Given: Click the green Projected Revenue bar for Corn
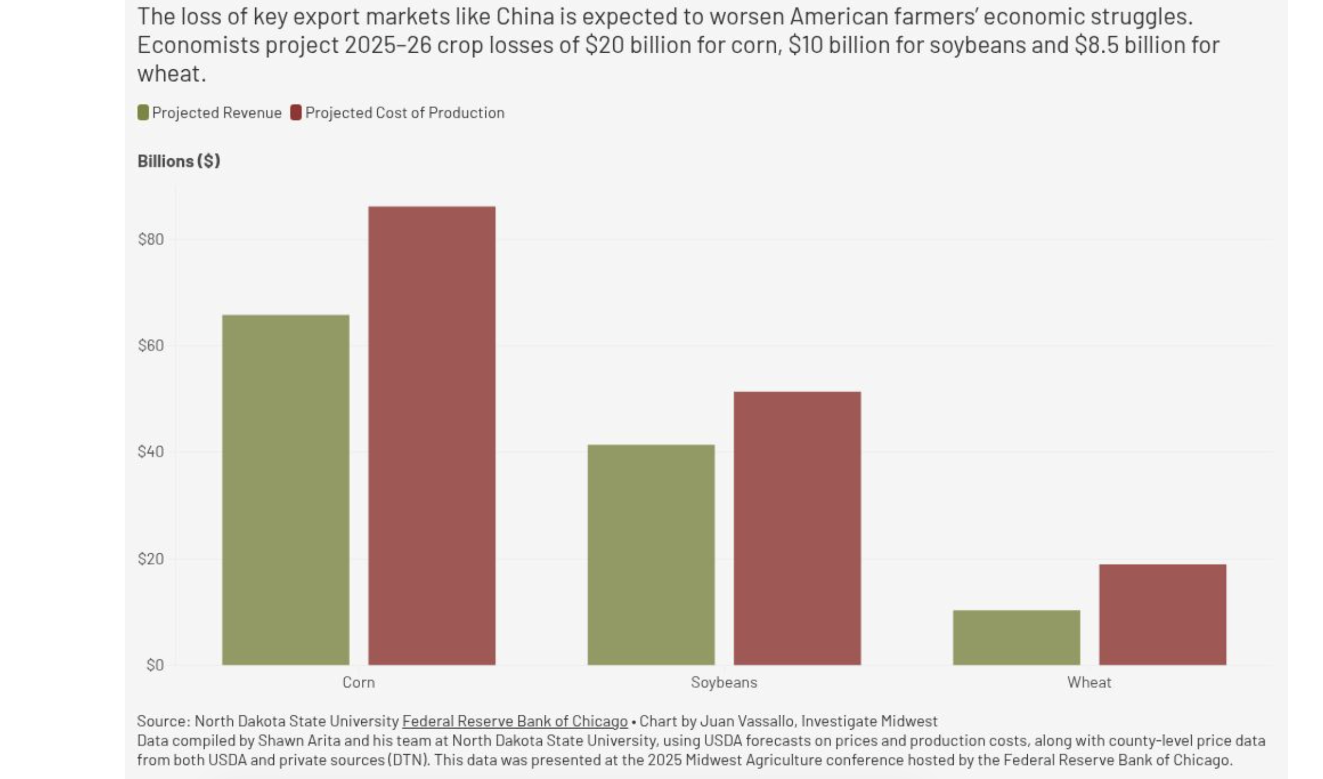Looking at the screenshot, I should click(x=285, y=489).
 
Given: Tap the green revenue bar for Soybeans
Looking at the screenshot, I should click(x=651, y=554).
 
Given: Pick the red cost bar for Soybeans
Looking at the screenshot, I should click(x=797, y=528).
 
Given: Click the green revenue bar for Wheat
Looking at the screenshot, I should click(x=1016, y=637).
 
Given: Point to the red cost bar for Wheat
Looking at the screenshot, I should click(x=1162, y=614).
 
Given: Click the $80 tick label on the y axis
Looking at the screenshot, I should click(x=151, y=240).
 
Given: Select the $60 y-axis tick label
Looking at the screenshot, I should click(x=151, y=346).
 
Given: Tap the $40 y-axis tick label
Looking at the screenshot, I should click(x=151, y=452).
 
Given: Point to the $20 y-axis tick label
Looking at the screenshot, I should click(x=151, y=559).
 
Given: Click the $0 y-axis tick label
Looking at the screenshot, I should click(x=155, y=665).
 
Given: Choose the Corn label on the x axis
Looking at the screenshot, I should click(x=358, y=682).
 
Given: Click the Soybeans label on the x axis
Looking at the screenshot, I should click(x=724, y=682).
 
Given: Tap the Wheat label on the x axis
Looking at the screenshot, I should click(x=1089, y=682).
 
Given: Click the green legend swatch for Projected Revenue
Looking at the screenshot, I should click(x=143, y=113).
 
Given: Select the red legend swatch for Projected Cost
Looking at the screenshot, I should click(x=296, y=113).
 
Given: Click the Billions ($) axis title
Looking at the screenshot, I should click(x=178, y=161).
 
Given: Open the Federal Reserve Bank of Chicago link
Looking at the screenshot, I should click(x=514, y=721).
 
